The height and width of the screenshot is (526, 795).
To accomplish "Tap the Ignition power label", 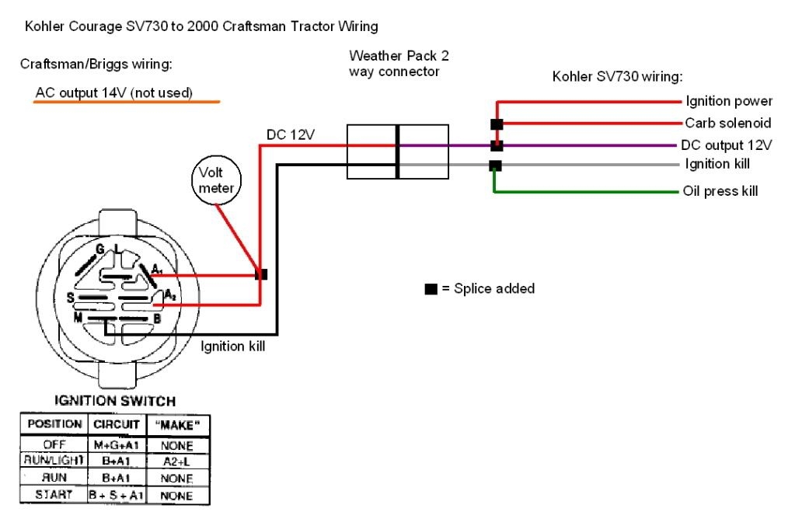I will point(728,102).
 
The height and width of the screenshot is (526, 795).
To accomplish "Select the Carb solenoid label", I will point(727,124).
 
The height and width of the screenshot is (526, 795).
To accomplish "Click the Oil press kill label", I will point(720,191).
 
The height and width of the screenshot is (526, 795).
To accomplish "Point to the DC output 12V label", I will point(726,145).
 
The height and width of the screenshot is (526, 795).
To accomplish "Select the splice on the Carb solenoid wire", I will point(496,124).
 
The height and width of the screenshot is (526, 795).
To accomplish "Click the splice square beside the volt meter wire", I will point(262,275).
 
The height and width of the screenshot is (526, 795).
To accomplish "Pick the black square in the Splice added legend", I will point(431,289).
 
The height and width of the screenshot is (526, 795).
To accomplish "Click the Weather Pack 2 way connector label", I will point(399,64).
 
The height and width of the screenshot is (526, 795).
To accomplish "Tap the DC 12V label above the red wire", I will point(290,135).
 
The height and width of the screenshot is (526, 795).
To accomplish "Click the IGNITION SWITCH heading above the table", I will point(115,402).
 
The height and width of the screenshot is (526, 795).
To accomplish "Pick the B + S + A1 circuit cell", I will point(115,495).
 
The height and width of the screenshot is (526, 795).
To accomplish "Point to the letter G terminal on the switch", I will point(100,249).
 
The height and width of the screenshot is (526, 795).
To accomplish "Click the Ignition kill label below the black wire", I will point(233,347).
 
